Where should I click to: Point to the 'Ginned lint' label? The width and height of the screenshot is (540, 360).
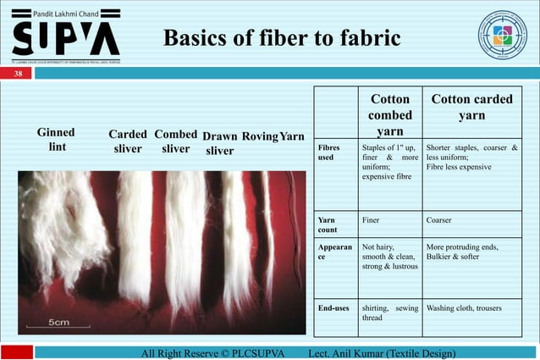pyautogui.click(x=56, y=140)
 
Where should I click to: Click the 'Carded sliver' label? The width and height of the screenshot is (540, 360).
pyautogui.click(x=129, y=141)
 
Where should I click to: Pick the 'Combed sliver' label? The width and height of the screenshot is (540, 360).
pyautogui.click(x=175, y=141)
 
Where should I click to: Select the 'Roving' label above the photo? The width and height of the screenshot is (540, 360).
pyautogui.click(x=260, y=136)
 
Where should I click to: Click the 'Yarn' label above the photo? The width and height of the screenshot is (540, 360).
pyautogui.click(x=292, y=136)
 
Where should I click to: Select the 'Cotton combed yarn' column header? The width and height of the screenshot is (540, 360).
pyautogui.click(x=389, y=115)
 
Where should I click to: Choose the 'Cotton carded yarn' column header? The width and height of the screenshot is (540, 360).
pyautogui.click(x=471, y=107)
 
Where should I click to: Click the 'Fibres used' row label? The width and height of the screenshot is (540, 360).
pyautogui.click(x=328, y=152)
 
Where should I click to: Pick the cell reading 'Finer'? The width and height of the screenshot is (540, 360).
pyautogui.click(x=371, y=219)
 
